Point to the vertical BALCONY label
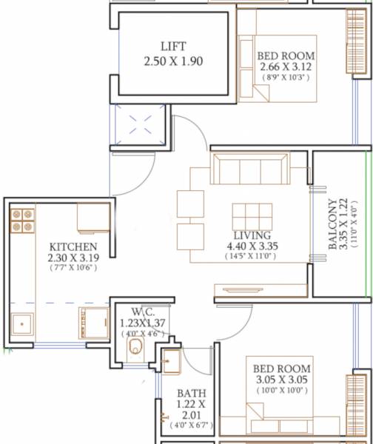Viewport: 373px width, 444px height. click(x=335, y=223)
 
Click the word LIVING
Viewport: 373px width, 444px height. click(x=252, y=234)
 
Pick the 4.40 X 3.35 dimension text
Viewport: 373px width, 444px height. click(x=252, y=246)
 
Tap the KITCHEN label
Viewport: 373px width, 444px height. click(x=73, y=246)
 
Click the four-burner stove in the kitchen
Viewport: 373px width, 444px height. click(x=22, y=221)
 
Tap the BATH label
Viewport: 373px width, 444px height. click(x=190, y=393)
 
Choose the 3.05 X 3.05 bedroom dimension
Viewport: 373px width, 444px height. click(x=282, y=380)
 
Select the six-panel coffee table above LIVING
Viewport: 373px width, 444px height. click(x=252, y=215)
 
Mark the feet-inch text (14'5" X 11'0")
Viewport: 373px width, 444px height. click(x=252, y=256)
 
